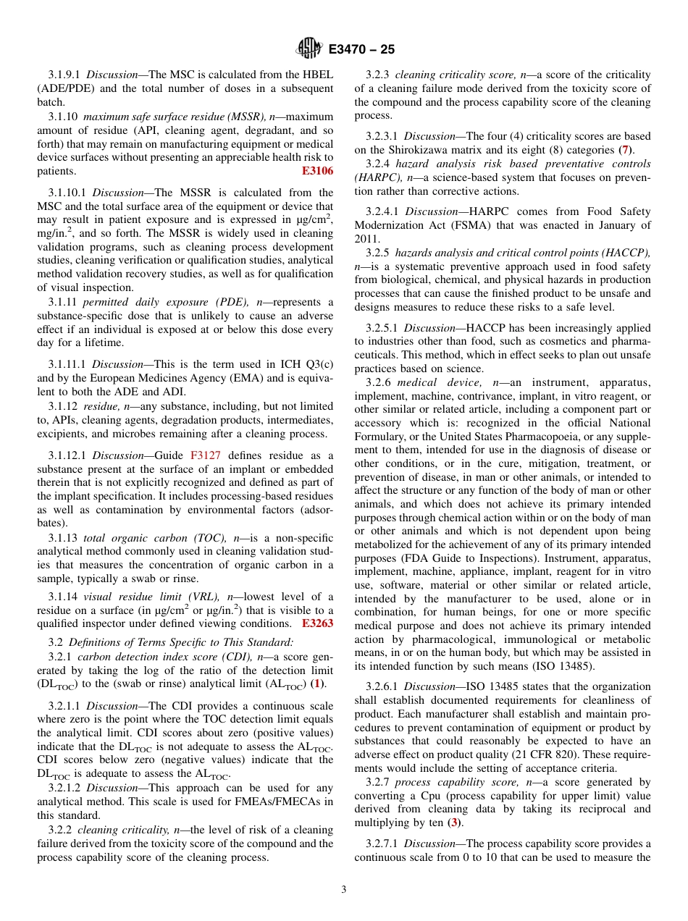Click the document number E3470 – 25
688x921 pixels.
coord(361,50)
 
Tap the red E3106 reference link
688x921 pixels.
coord(317,172)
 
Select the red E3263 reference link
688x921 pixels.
coord(317,623)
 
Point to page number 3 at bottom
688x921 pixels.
coord(344,890)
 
